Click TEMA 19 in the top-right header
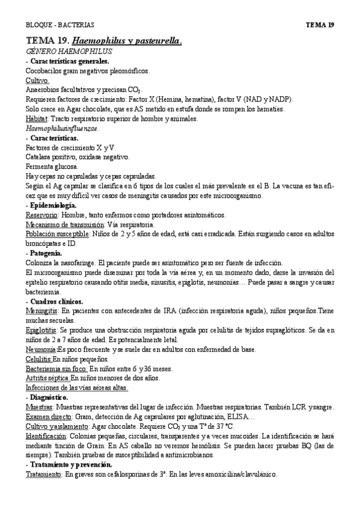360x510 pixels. click(x=320, y=25)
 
